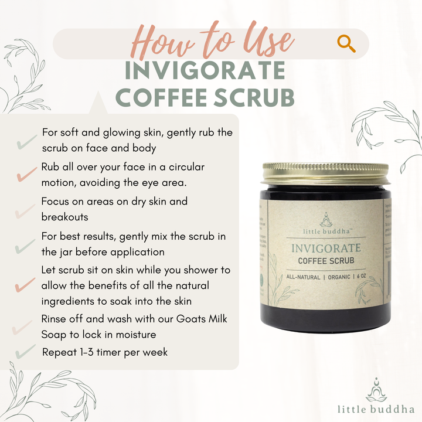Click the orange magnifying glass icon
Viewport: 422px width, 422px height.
tap(346, 43)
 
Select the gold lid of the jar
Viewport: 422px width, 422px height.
tap(326, 175)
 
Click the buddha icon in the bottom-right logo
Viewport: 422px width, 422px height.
tap(376, 390)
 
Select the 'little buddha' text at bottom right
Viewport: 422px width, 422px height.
tap(376, 409)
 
